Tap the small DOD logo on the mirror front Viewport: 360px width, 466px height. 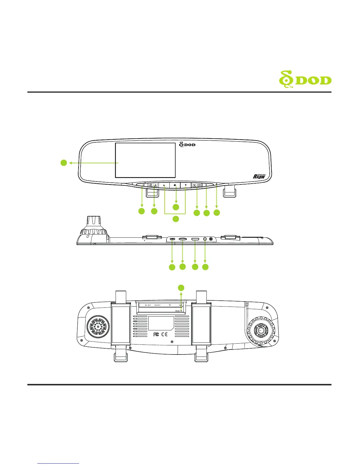[x=187, y=144]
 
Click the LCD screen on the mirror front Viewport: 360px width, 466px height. [x=145, y=160]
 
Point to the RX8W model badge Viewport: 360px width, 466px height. [x=259, y=176]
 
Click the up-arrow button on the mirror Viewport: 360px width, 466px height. [x=164, y=185]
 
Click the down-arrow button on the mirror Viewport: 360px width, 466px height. [x=186, y=185]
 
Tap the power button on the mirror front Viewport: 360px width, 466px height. [x=143, y=185]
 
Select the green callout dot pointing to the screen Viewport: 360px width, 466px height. [x=64, y=162]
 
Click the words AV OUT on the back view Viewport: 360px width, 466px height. [x=148, y=305]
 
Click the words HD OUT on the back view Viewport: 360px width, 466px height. [x=157, y=305]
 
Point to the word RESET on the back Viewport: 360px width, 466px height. [x=178, y=311]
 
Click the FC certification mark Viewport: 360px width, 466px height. [x=156, y=334]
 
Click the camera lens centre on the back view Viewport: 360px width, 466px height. [x=260, y=330]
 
